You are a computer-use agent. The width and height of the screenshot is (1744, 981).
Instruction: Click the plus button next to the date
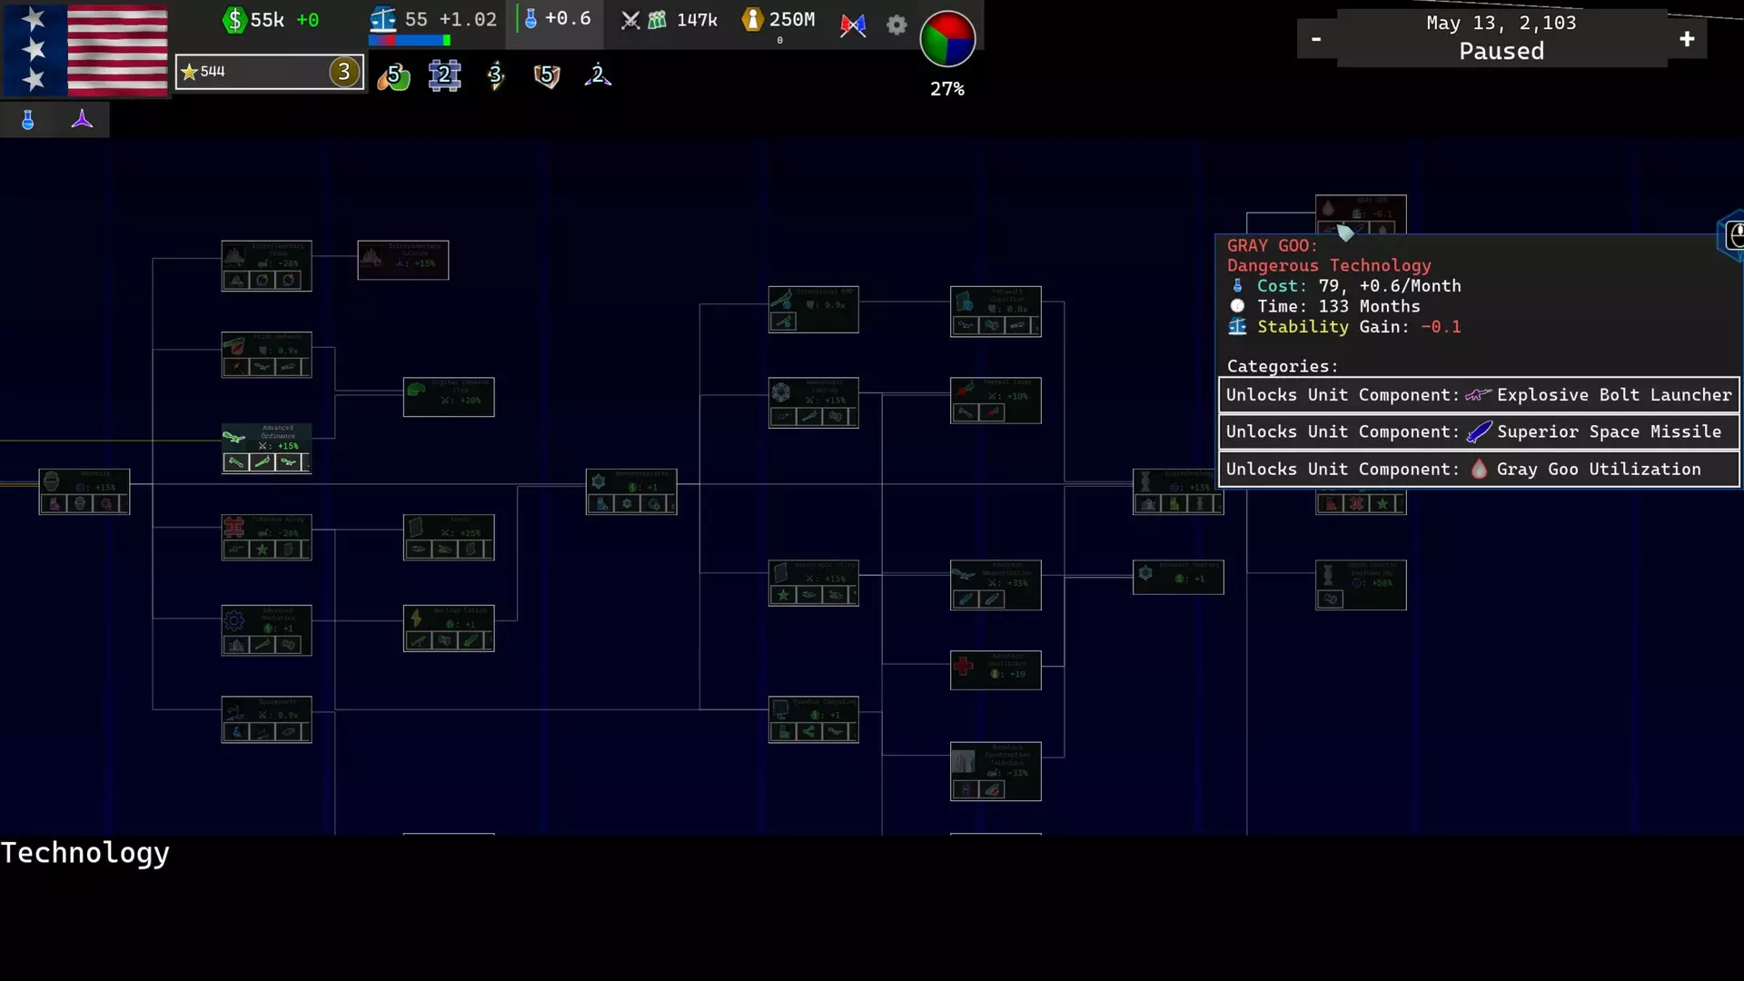click(x=1687, y=39)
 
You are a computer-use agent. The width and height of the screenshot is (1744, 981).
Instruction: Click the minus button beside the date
click(x=1316, y=39)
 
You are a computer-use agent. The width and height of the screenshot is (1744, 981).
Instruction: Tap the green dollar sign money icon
click(x=234, y=20)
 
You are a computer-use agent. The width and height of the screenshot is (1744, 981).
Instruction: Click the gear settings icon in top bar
click(x=897, y=25)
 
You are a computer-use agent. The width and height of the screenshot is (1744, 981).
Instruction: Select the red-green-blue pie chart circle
click(x=947, y=39)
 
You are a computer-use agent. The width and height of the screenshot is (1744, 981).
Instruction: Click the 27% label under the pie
click(x=947, y=89)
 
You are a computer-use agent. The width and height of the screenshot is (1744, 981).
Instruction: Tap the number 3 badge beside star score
click(x=343, y=72)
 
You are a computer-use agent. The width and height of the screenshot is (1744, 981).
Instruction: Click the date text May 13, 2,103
click(x=1501, y=23)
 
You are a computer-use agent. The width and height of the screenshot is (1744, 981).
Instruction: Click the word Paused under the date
click(x=1501, y=52)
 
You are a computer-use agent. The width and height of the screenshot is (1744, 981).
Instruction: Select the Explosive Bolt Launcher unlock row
click(x=1479, y=395)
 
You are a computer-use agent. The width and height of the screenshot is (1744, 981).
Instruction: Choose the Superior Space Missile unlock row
click(x=1479, y=432)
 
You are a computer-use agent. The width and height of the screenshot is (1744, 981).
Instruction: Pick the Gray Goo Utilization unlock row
click(x=1479, y=470)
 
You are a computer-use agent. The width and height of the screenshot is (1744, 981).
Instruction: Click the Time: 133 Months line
click(x=1338, y=307)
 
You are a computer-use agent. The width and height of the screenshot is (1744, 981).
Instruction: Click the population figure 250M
click(x=791, y=20)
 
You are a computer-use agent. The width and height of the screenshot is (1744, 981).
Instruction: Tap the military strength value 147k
click(x=697, y=20)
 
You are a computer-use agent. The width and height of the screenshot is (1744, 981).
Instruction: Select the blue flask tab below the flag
click(x=28, y=120)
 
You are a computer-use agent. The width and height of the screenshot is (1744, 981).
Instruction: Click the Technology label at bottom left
click(x=84, y=853)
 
